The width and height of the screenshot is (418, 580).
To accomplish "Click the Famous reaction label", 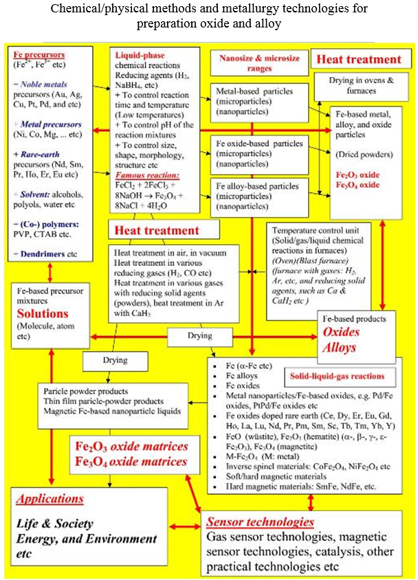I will (137, 157).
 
